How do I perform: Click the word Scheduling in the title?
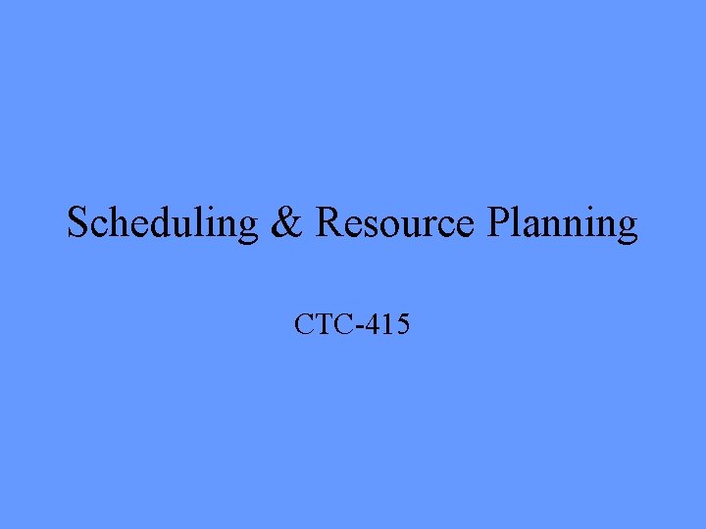(x=162, y=224)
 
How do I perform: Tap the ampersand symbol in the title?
(x=286, y=224)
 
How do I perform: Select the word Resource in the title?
(x=395, y=224)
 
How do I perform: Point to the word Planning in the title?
(x=562, y=224)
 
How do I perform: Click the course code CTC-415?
(x=352, y=323)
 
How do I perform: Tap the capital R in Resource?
(x=330, y=224)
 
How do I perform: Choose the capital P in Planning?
(x=497, y=224)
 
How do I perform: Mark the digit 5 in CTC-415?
(x=402, y=323)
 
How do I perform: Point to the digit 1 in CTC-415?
(x=388, y=323)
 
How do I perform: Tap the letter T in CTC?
(x=325, y=323)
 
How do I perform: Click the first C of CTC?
(x=305, y=323)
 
